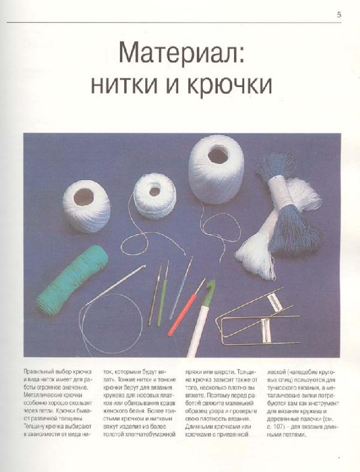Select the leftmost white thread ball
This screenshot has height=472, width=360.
[x=86, y=205]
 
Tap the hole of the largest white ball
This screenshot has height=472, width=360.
[x=217, y=156]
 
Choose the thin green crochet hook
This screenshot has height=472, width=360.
[x=162, y=294]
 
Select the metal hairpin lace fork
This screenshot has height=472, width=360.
[x=258, y=318]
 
